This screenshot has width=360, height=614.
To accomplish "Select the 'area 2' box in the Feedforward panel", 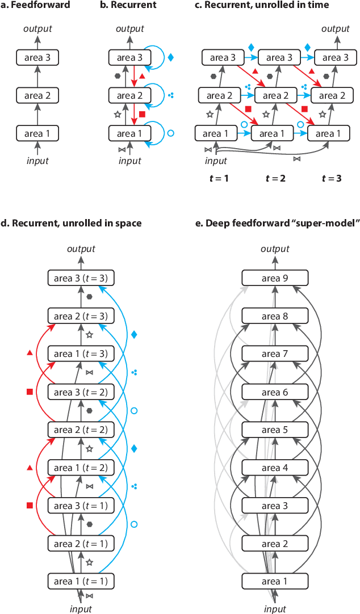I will [37, 95].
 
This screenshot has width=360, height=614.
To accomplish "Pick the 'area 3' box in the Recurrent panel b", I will [129, 57].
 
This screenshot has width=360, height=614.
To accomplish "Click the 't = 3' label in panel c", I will [332, 178].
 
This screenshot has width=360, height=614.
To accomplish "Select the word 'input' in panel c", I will [215, 161].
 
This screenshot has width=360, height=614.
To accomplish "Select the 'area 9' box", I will [275, 278].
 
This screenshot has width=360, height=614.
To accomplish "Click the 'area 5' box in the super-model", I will [275, 430].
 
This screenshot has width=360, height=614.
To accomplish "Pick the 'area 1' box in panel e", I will [275, 581].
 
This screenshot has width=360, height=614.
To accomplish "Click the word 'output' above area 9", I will [275, 249].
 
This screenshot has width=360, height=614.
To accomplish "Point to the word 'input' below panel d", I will [81, 609].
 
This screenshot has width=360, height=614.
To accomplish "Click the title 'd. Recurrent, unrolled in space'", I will [71, 224].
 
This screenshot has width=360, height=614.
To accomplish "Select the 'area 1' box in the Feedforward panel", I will [37, 133].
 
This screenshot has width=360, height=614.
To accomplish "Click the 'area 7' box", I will [275, 354].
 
